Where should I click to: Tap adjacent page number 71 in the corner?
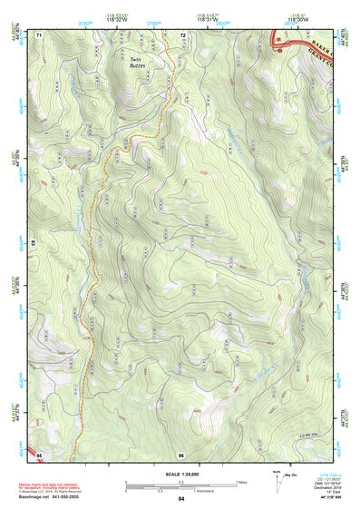pyautogui.click(x=39, y=34)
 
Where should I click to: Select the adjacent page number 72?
pyautogui.click(x=182, y=34)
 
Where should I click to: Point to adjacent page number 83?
pyautogui.click(x=33, y=244)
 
